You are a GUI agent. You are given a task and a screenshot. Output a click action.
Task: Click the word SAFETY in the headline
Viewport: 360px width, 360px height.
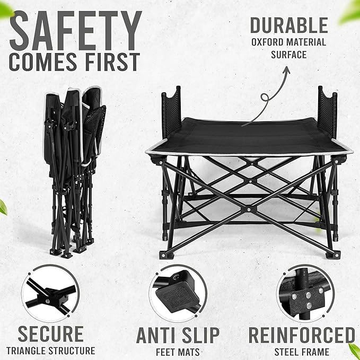[75, 30]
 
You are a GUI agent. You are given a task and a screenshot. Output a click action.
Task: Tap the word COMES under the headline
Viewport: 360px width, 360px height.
[43, 62]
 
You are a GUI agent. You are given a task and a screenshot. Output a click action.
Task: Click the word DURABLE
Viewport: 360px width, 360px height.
[289, 25]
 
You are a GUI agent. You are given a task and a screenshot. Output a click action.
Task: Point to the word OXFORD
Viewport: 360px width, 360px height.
[267, 42]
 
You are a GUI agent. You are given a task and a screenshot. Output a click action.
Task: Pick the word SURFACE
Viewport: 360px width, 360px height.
[289, 55]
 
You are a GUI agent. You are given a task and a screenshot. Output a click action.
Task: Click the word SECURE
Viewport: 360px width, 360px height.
[51, 334]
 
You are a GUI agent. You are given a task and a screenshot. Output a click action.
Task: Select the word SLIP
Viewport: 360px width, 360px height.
[200, 335]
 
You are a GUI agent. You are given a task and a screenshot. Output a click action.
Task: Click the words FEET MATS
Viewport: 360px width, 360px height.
[178, 352]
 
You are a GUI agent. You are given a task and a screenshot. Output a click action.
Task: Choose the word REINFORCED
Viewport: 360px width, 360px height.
[302, 335]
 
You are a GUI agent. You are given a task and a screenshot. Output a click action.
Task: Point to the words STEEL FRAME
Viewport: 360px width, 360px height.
[302, 352]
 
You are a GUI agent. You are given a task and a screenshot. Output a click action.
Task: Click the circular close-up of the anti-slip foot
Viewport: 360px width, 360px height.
[178, 293]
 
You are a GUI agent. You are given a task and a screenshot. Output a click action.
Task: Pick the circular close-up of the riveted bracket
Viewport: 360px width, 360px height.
[305, 293]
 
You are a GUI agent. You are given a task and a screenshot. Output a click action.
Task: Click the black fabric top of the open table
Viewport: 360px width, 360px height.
[249, 137]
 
